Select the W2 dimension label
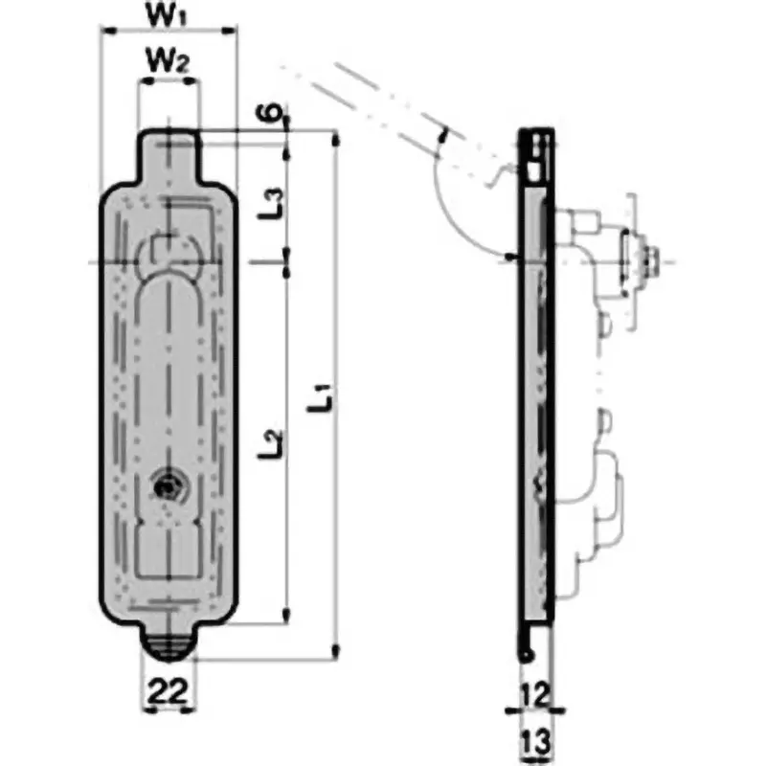(x=168, y=60)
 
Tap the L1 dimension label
(x=322, y=398)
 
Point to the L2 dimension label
(x=271, y=443)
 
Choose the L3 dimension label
(x=271, y=204)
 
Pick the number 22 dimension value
(x=168, y=691)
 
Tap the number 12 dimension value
(x=535, y=695)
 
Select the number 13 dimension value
(x=536, y=741)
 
